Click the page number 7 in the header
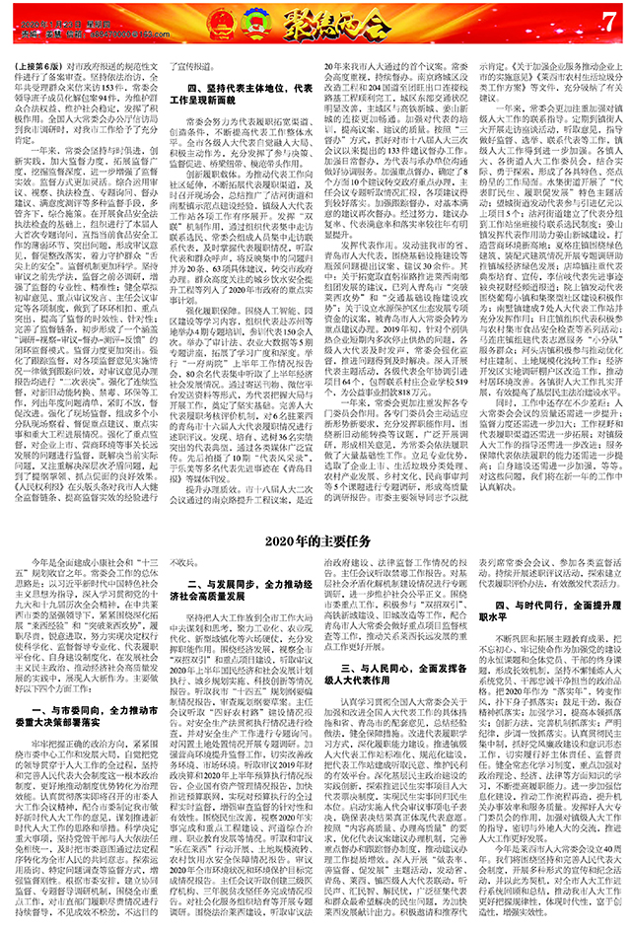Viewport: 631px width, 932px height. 607,19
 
